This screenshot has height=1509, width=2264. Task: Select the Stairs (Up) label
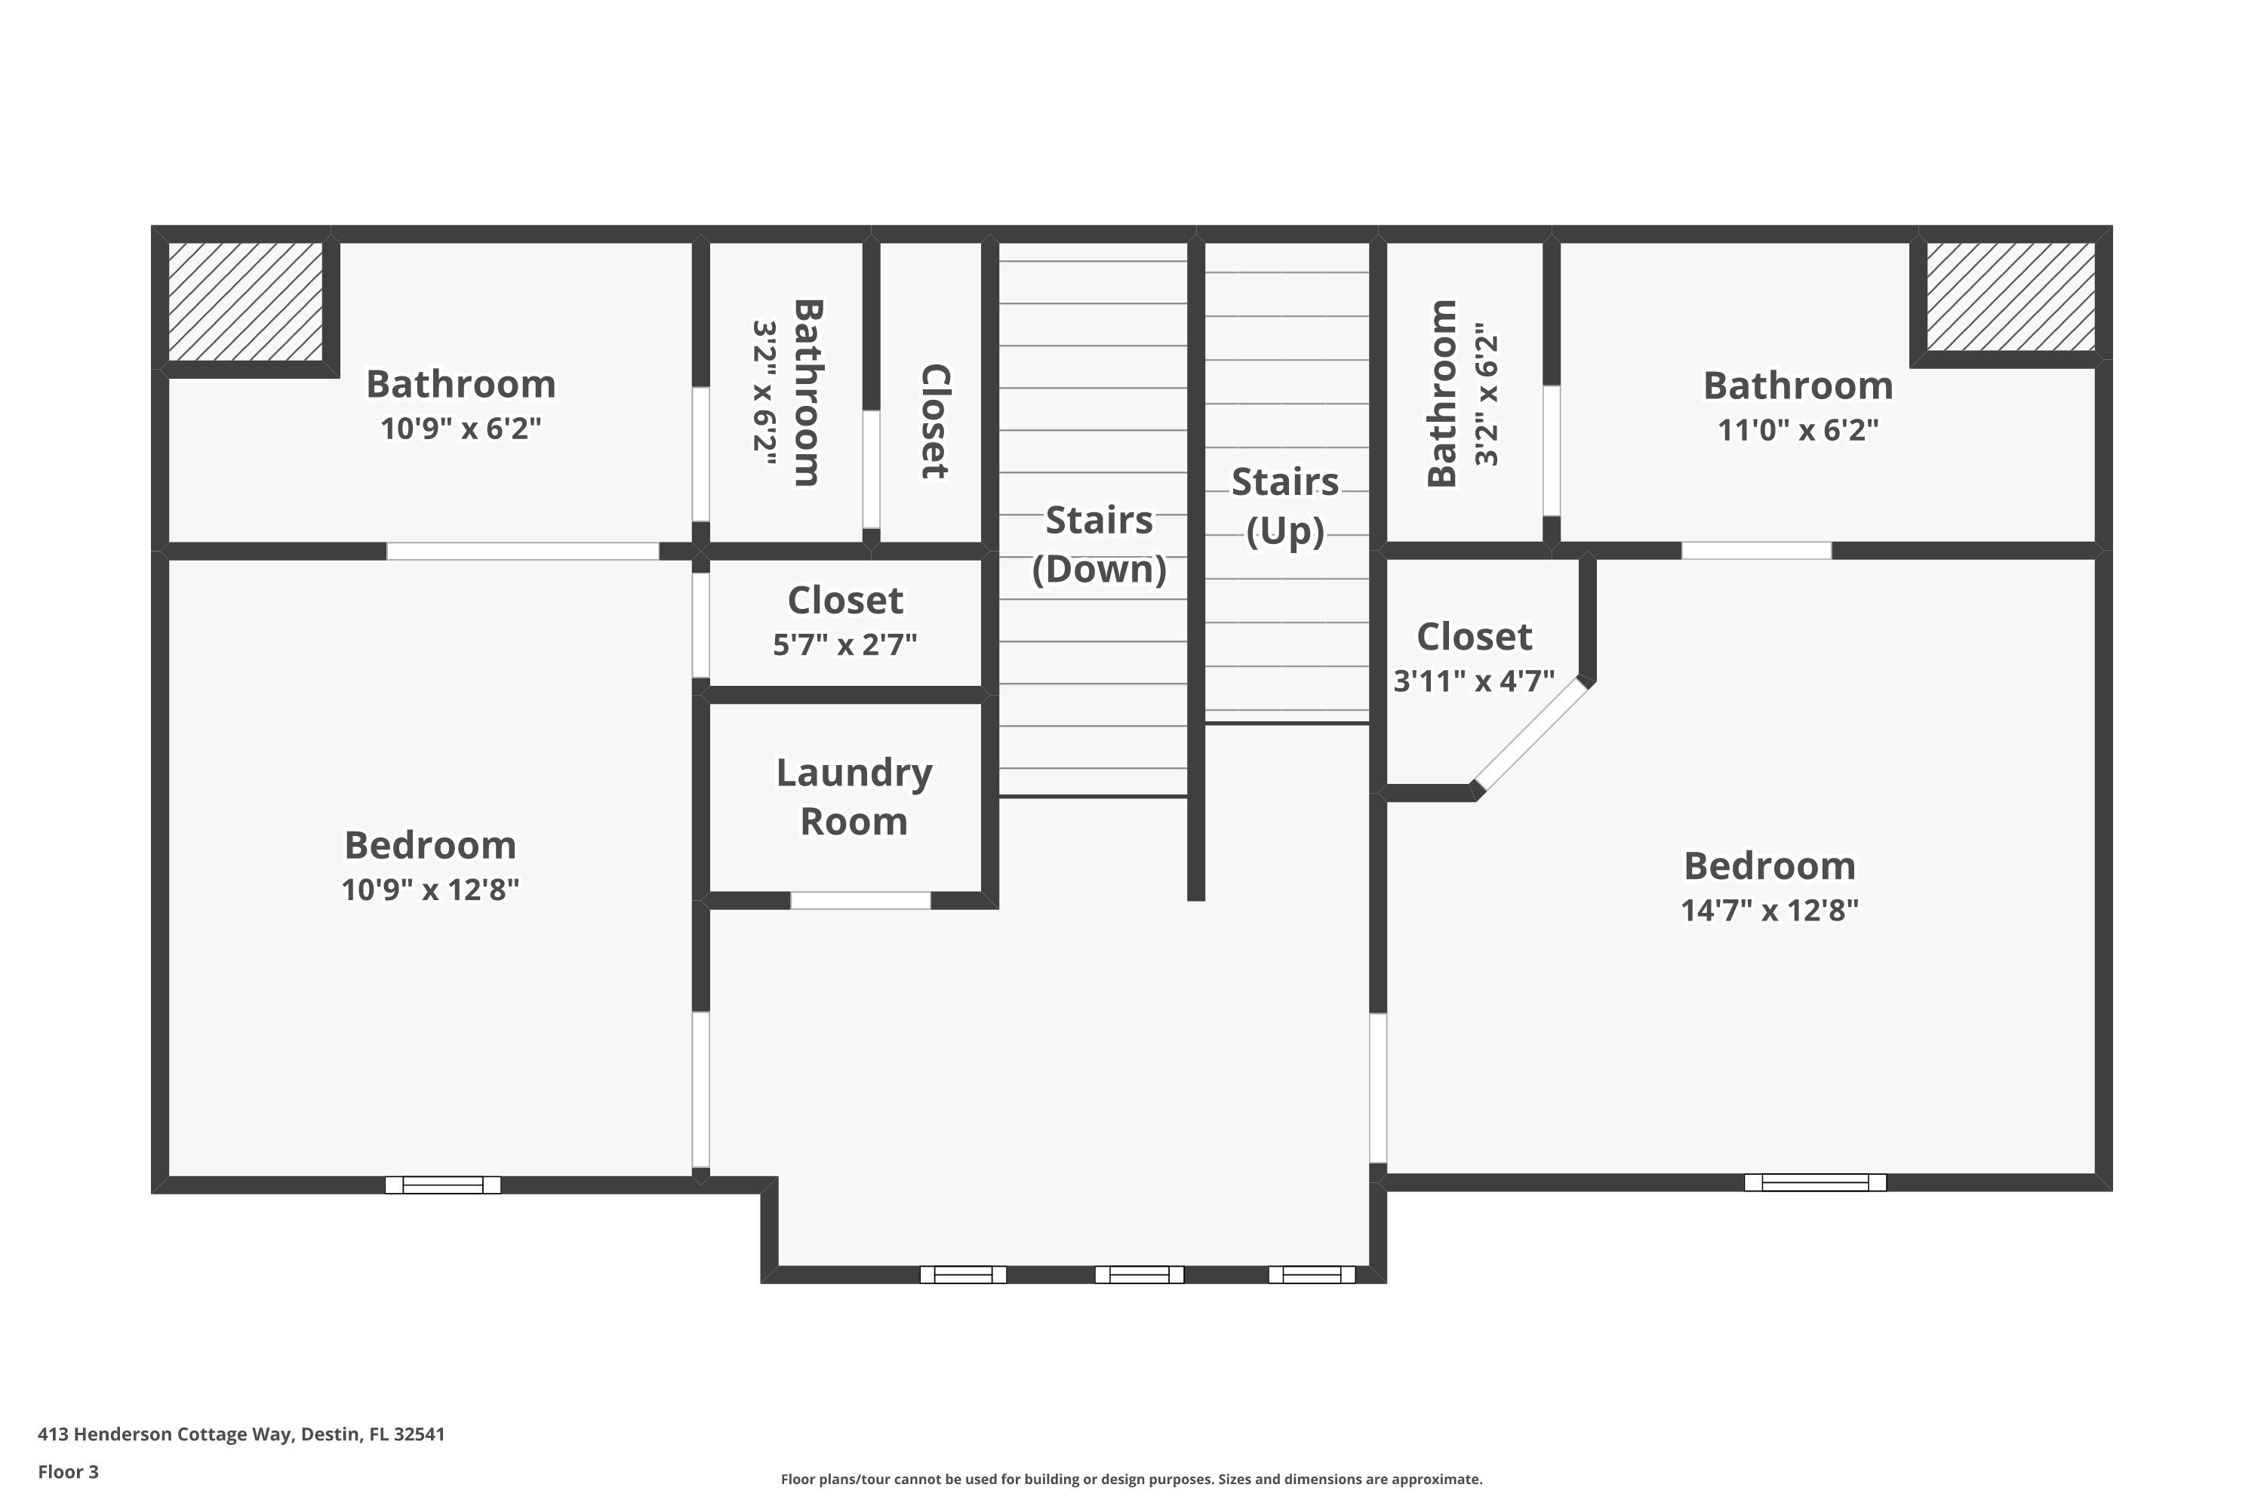click(1285, 506)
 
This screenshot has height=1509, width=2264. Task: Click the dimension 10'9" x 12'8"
click(430, 890)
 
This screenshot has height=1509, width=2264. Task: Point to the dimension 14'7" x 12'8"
click(1769, 909)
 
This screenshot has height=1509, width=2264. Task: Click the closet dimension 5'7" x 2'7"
click(844, 644)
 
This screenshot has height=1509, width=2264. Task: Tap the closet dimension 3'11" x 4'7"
click(1474, 681)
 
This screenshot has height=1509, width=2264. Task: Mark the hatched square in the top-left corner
click(245, 301)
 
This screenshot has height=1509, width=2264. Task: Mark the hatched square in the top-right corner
click(2010, 297)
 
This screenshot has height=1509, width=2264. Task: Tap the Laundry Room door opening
click(860, 900)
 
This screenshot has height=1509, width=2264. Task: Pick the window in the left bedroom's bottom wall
click(443, 1185)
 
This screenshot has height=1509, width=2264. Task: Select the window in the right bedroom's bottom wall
click(1814, 1182)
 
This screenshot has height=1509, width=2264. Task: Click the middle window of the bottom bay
click(1139, 1274)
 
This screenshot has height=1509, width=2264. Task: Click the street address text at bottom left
click(241, 1434)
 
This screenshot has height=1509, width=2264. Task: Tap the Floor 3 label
click(69, 1471)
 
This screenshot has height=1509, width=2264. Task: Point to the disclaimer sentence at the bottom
click(1131, 1479)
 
